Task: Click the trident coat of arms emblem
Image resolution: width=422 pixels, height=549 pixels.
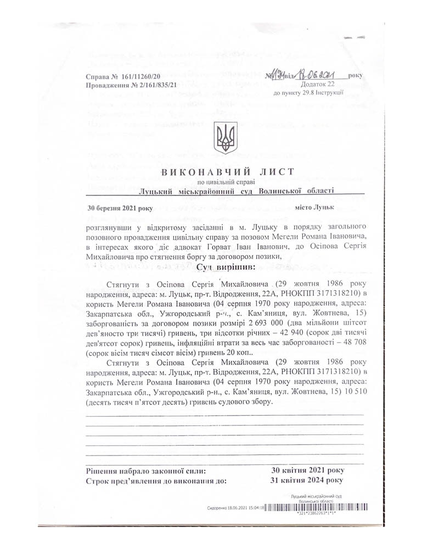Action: point(226,138)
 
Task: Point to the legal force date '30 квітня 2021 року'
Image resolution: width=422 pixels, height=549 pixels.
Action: point(308,470)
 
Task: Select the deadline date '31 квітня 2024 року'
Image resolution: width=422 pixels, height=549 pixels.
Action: point(308,480)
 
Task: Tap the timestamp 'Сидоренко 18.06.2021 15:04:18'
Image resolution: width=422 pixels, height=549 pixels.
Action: point(237,508)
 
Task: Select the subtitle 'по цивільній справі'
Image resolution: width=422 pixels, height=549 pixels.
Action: point(225,182)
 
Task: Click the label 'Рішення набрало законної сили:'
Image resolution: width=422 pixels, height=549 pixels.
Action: point(147,470)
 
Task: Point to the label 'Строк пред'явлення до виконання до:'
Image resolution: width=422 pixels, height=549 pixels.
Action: point(157,481)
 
